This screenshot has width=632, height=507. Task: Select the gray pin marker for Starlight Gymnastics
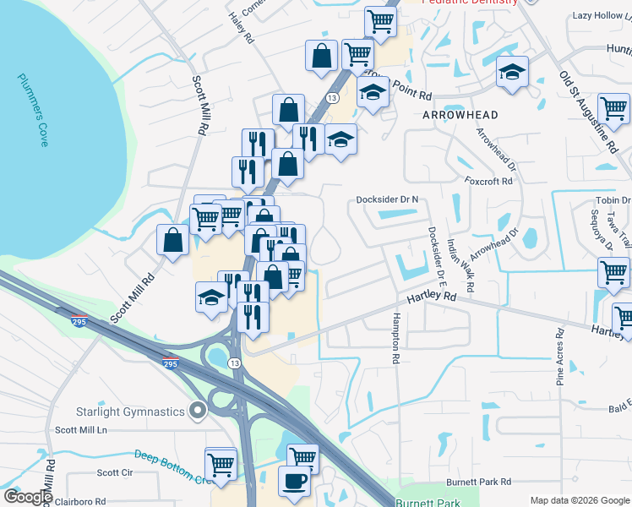point(198,411)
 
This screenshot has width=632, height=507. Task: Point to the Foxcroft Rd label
point(488,181)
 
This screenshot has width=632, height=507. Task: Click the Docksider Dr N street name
point(388,199)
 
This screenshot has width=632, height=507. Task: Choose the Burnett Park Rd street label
point(479,482)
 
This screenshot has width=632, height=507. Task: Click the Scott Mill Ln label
point(82,430)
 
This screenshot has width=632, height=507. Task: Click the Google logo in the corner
point(27,497)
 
